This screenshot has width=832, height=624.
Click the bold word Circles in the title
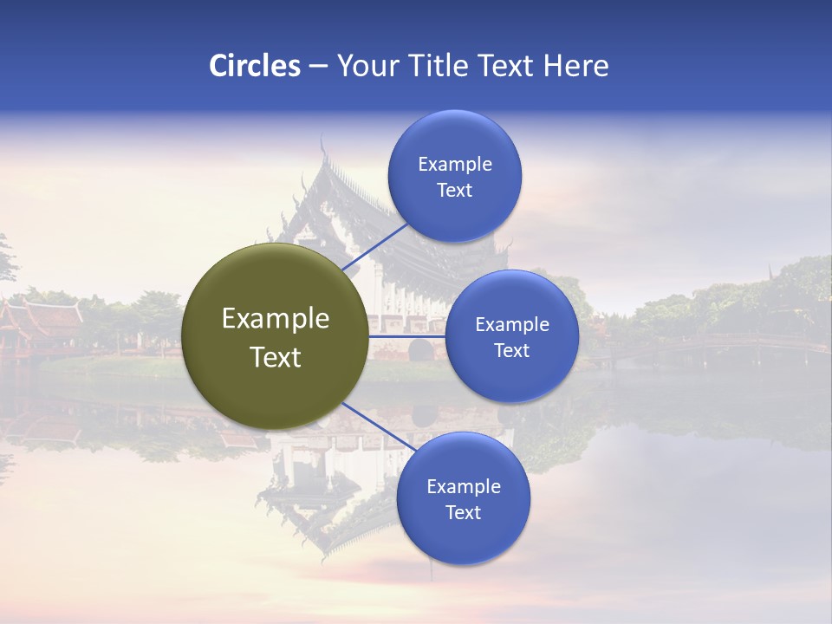tap(254, 66)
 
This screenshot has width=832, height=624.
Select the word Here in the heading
tap(575, 66)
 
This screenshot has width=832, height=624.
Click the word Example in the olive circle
tap(276, 319)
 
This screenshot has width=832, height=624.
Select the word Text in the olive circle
tap(276, 357)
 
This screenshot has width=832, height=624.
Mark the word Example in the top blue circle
tap(455, 165)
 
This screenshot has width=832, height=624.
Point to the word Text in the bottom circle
tap(463, 512)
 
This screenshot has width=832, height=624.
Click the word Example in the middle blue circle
tap(512, 325)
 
